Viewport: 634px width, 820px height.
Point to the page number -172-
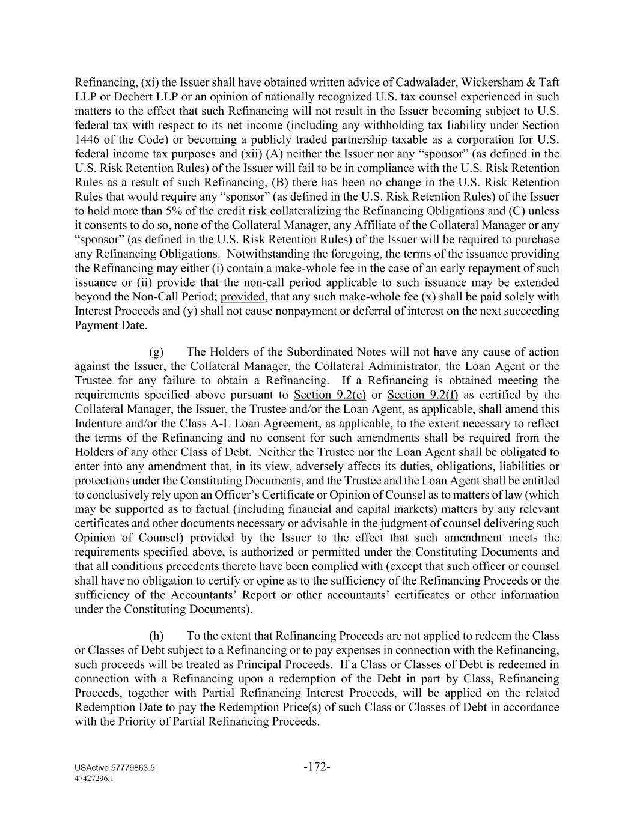point(317,767)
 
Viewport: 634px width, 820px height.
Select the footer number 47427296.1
point(94,778)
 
